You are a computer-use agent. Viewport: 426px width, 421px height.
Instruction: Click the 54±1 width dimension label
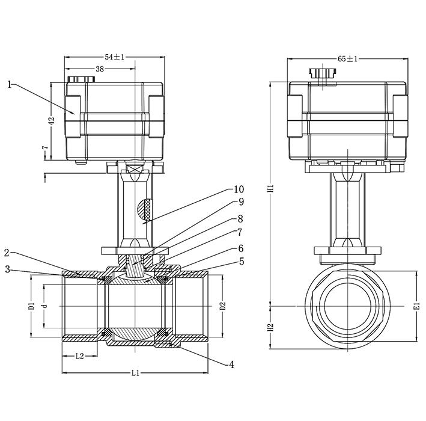coord(114,57)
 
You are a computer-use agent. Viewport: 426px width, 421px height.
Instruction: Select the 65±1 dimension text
coord(347,59)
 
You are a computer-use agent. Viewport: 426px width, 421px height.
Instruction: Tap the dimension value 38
coord(100,69)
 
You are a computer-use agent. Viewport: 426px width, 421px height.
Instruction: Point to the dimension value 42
coord(52,121)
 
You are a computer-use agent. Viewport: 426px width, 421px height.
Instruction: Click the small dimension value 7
coord(45,148)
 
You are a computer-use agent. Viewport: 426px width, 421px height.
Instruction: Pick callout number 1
coord(10,85)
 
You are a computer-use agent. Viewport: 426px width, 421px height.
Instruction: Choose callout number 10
coord(239,189)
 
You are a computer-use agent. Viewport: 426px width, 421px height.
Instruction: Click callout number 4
coord(231,364)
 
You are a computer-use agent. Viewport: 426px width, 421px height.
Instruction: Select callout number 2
coord(7,253)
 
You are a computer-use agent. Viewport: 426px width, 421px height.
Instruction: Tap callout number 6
coord(241,248)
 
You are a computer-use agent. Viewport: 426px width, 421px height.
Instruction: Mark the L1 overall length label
coord(135,373)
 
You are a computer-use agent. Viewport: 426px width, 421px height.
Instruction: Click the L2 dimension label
coord(79,356)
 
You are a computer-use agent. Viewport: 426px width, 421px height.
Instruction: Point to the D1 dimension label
coord(32,306)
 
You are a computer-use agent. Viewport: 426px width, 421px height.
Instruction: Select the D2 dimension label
coord(223,306)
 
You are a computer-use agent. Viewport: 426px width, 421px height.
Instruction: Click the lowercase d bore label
coord(45,306)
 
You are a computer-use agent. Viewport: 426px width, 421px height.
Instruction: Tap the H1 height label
coord(270,189)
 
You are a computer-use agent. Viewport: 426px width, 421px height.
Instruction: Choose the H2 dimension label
coord(270,327)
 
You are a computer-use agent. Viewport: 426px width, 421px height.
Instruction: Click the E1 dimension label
coord(418,306)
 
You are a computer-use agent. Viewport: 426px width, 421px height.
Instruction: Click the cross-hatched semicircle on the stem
coord(144,209)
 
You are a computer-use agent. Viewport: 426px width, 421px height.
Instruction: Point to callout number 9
coord(241,202)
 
